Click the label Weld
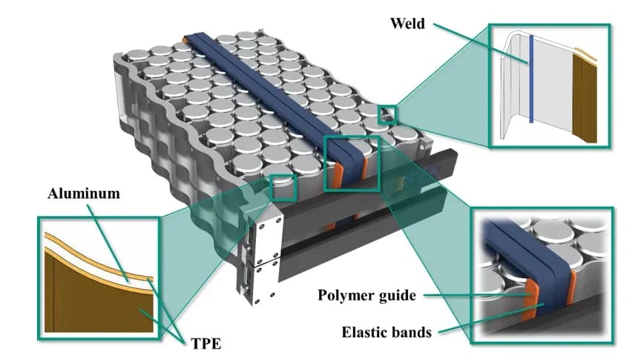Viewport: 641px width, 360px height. [407, 24]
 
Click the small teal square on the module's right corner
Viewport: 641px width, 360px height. [387, 114]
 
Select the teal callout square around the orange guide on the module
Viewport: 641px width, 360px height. [352, 163]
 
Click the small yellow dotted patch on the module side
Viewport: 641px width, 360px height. [401, 180]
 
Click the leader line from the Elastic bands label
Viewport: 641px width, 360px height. [490, 315]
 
